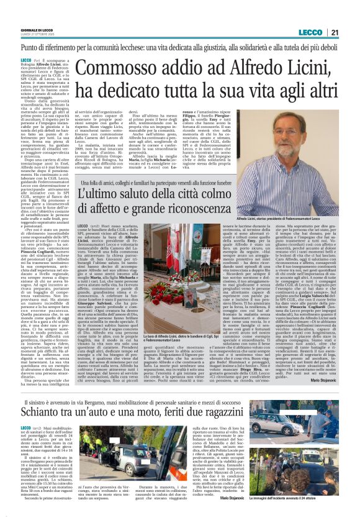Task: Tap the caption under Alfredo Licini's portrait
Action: click(x=304, y=220)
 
